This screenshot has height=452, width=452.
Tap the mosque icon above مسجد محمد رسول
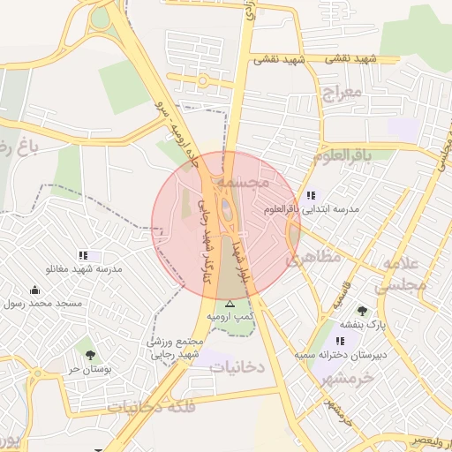tap(34, 290)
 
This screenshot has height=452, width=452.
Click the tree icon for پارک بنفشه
tap(362, 311)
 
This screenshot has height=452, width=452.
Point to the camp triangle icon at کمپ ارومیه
tap(230, 303)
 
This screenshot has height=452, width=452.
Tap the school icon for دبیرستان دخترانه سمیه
tap(340, 340)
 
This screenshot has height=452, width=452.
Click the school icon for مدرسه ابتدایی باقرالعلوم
tap(310, 195)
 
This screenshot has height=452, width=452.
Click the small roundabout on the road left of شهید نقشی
tap(202, 80)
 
